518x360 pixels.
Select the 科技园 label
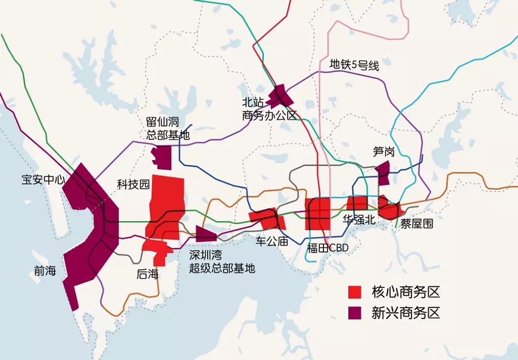point(133,184)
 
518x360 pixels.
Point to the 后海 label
point(148,274)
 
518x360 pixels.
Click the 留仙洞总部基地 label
point(168,129)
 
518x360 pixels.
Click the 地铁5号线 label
point(354,65)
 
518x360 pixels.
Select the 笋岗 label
point(384,151)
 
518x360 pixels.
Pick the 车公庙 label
point(272,241)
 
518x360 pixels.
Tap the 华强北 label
point(358,219)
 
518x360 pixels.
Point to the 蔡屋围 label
point(416,223)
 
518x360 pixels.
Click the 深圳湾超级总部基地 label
point(222,262)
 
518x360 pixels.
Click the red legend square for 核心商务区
point(355,292)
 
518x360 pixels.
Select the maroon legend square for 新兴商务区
point(355,313)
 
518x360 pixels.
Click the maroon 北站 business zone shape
point(279,94)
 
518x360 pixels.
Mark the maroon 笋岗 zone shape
point(384,173)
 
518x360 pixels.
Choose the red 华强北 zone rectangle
point(357,203)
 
